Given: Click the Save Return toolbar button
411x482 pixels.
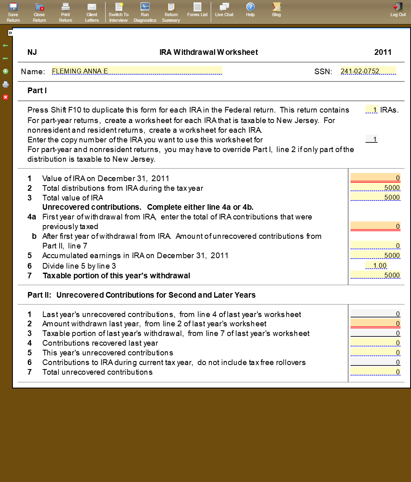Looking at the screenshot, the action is click(x=13, y=12).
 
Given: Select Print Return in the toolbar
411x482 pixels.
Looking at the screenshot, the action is click(x=65, y=12).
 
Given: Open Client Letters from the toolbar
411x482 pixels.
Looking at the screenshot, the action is click(x=92, y=12).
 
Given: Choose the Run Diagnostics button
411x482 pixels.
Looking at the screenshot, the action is click(x=145, y=12).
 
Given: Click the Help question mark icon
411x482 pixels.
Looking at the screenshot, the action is click(x=250, y=7).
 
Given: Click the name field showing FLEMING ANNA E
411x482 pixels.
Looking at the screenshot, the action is click(x=137, y=71).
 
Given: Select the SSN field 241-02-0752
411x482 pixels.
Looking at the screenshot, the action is click(x=368, y=71).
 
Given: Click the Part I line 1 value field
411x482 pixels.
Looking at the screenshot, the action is click(x=376, y=178).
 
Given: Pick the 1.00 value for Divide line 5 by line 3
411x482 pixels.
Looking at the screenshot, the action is click(x=376, y=265).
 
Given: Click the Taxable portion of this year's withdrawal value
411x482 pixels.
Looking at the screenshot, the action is click(x=376, y=275).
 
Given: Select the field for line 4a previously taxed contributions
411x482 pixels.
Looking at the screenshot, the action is click(x=376, y=226).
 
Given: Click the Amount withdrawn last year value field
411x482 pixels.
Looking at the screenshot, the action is click(x=376, y=323).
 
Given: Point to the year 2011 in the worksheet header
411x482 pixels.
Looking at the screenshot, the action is click(x=383, y=52).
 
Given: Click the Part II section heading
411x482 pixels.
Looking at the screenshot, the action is click(x=141, y=295).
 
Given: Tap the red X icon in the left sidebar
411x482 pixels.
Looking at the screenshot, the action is click(x=6, y=97).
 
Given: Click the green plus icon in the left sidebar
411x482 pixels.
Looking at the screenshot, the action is click(x=6, y=71).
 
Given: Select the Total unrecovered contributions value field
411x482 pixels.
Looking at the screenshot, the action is click(x=376, y=371).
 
